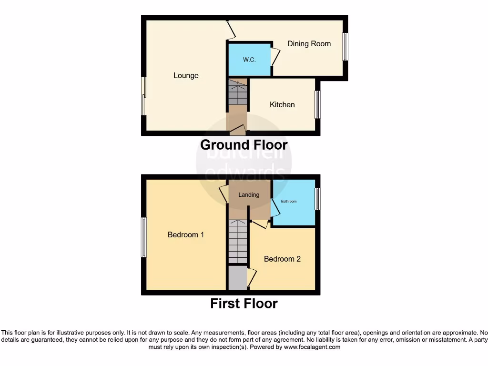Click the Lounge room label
pyautogui.click(x=186, y=75)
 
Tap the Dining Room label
pyautogui.click(x=309, y=44)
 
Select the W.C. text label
pyautogui.click(x=249, y=60)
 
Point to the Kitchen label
pyautogui.click(x=282, y=104)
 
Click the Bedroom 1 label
pyautogui.click(x=186, y=234)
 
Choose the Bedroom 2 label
pyautogui.click(x=282, y=259)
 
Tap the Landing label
pyautogui.click(x=249, y=194)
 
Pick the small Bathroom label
pyautogui.click(x=288, y=202)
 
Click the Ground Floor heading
pyautogui.click(x=244, y=145)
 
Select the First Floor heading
pyautogui.click(x=244, y=303)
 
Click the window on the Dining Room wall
pyautogui.click(x=346, y=47)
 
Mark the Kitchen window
pyautogui.click(x=317, y=104)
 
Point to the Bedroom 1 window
pyautogui.click(x=143, y=237)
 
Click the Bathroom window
pyautogui.click(x=317, y=199)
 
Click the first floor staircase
pyautogui.click(x=237, y=242)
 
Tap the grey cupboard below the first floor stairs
pyautogui.click(x=237, y=278)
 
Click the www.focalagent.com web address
pyautogui.click(x=312, y=347)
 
